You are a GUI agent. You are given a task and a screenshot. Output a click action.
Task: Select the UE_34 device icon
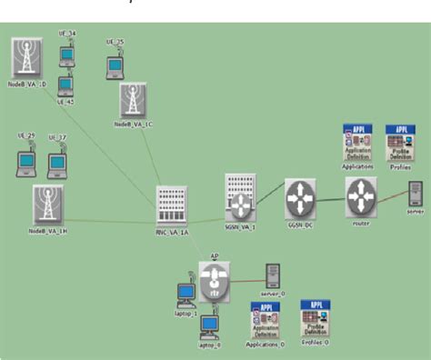[66, 55]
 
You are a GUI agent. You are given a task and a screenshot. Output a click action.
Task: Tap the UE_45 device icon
[65, 85]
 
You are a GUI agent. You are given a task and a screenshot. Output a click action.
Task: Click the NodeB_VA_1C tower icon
[134, 100]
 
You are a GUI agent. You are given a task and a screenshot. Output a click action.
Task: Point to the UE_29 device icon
[26, 161]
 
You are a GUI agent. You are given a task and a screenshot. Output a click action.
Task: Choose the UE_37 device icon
[57, 164]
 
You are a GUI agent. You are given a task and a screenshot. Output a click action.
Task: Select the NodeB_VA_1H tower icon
[47, 205]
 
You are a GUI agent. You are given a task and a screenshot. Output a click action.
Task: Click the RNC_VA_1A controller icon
[171, 205]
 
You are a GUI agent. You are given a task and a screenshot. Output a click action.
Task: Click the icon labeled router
[360, 196]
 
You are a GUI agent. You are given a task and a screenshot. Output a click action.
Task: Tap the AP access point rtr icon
[215, 275]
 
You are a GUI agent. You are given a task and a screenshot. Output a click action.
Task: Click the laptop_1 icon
[185, 295]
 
